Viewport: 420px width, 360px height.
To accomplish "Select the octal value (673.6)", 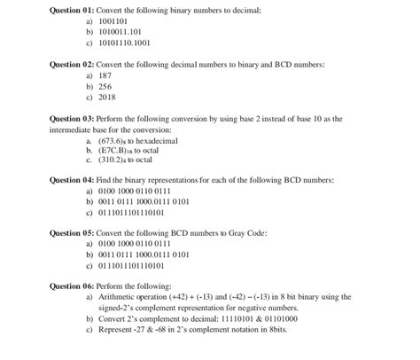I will pos(100,141).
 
